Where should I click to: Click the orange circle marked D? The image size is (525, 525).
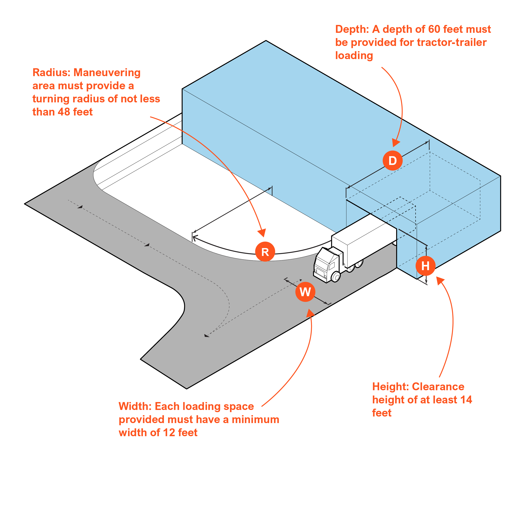pos(392,161)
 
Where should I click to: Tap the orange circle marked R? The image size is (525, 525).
pos(265,252)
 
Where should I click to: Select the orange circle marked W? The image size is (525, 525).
pos(305,292)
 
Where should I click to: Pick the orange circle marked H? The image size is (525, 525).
pos(425,266)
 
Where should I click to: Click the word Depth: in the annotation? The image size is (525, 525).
pos(352,29)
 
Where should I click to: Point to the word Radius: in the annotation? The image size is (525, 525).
pos(51,73)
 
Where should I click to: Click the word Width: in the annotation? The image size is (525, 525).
pos(135,406)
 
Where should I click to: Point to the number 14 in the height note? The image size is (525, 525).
pos(466,400)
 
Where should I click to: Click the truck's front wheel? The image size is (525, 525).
pos(336,277)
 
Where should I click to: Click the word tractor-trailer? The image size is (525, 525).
pos(451,42)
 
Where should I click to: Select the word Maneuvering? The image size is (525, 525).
pos(107,73)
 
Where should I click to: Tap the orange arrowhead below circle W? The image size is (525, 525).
pos(310,313)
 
